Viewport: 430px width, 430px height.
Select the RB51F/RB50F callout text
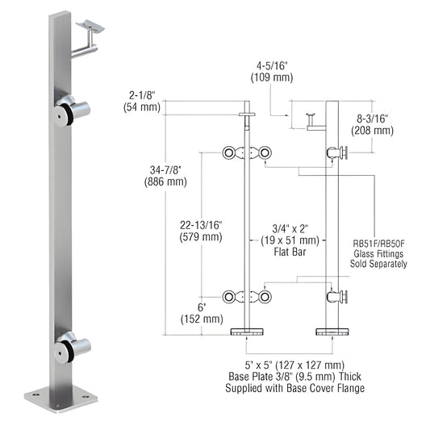(x=380, y=240)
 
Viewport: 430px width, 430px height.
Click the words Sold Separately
(x=380, y=263)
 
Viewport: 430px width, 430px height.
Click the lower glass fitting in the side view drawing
(x=336, y=298)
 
